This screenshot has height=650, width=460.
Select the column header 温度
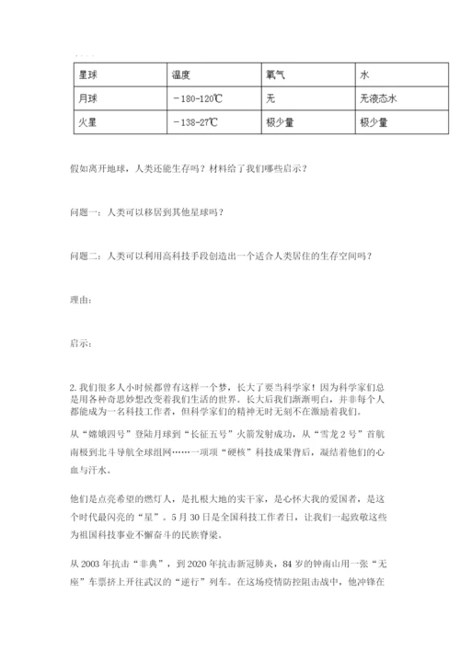point(181,76)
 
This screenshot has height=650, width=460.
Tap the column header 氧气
point(275,76)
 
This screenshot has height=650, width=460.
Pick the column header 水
point(364,76)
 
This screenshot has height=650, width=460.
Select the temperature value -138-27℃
point(193,120)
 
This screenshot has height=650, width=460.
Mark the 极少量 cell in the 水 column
point(374,120)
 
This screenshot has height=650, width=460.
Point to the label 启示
point(80,343)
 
